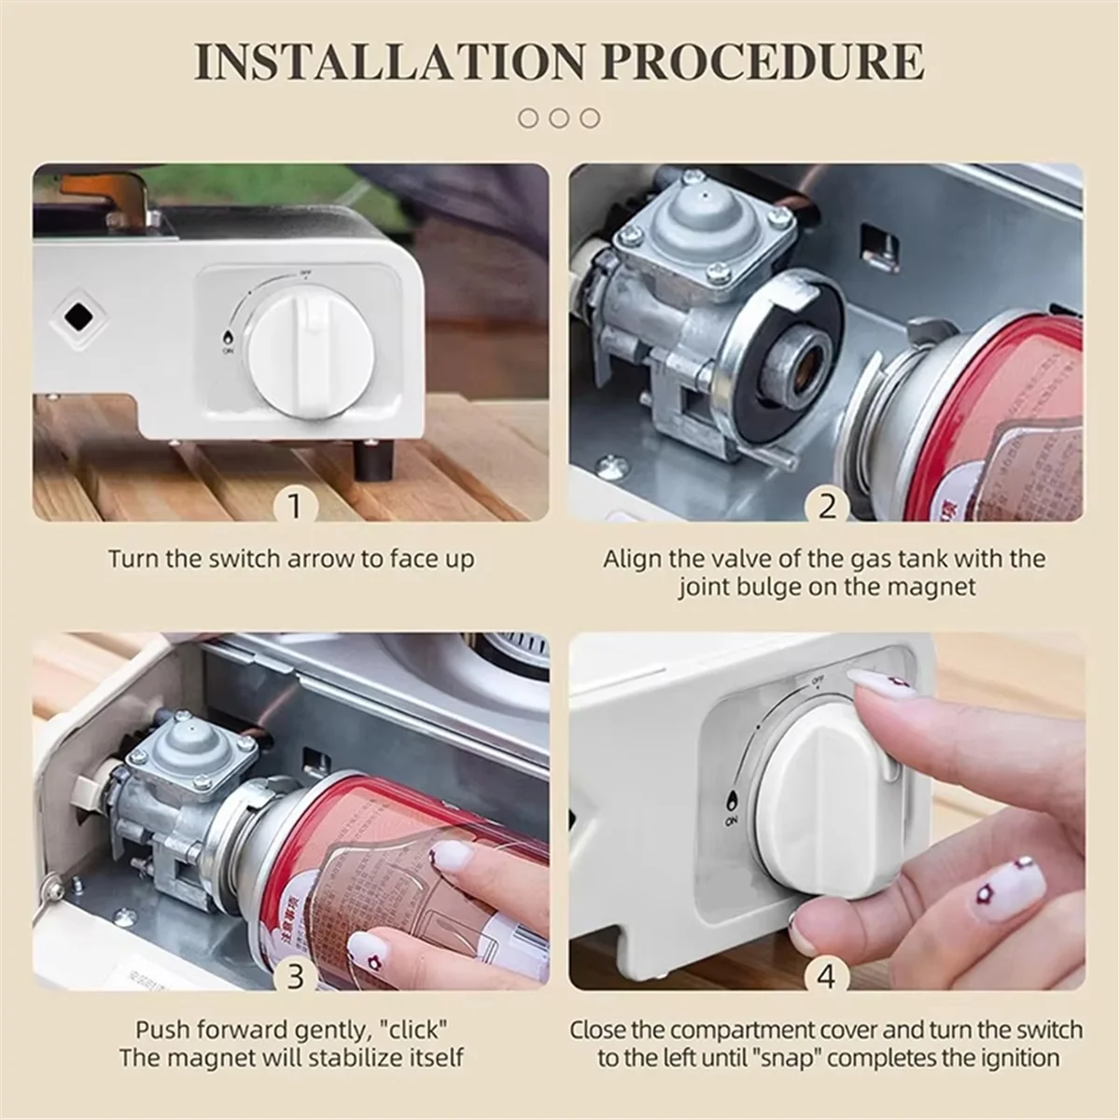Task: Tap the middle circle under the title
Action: (559, 118)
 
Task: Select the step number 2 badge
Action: (827, 507)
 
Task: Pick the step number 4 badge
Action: (827, 976)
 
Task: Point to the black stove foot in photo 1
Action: (378, 460)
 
